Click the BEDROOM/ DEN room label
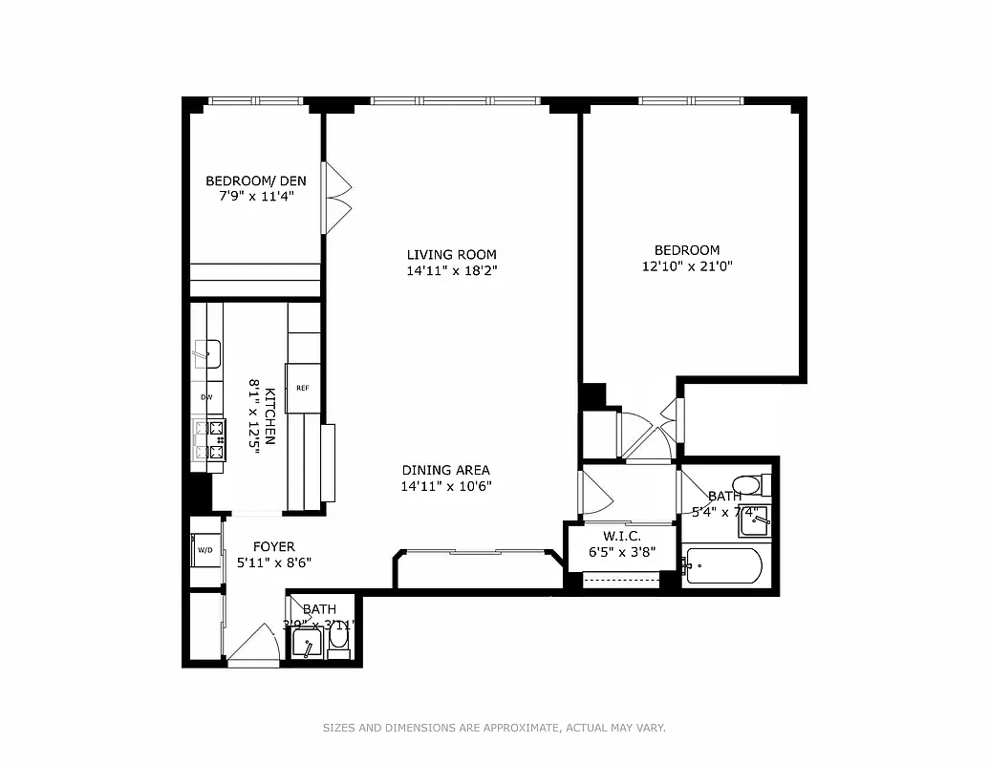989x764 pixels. pos(254,180)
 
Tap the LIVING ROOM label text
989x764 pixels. pos(452,254)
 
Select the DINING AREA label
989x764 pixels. pos(445,470)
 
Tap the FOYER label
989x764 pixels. pos(273,546)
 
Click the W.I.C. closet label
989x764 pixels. pos(621,536)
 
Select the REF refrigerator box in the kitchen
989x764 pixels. pos(302,388)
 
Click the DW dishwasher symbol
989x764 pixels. pos(205,397)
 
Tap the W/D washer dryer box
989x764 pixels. pos(204,550)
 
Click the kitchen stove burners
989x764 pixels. pos(208,440)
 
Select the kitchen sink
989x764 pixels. pos(206,353)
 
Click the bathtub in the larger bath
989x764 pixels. pos(723,566)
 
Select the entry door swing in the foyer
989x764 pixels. pos(253,644)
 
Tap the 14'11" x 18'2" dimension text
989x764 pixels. pos(452,270)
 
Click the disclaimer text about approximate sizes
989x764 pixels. pos(493,728)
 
